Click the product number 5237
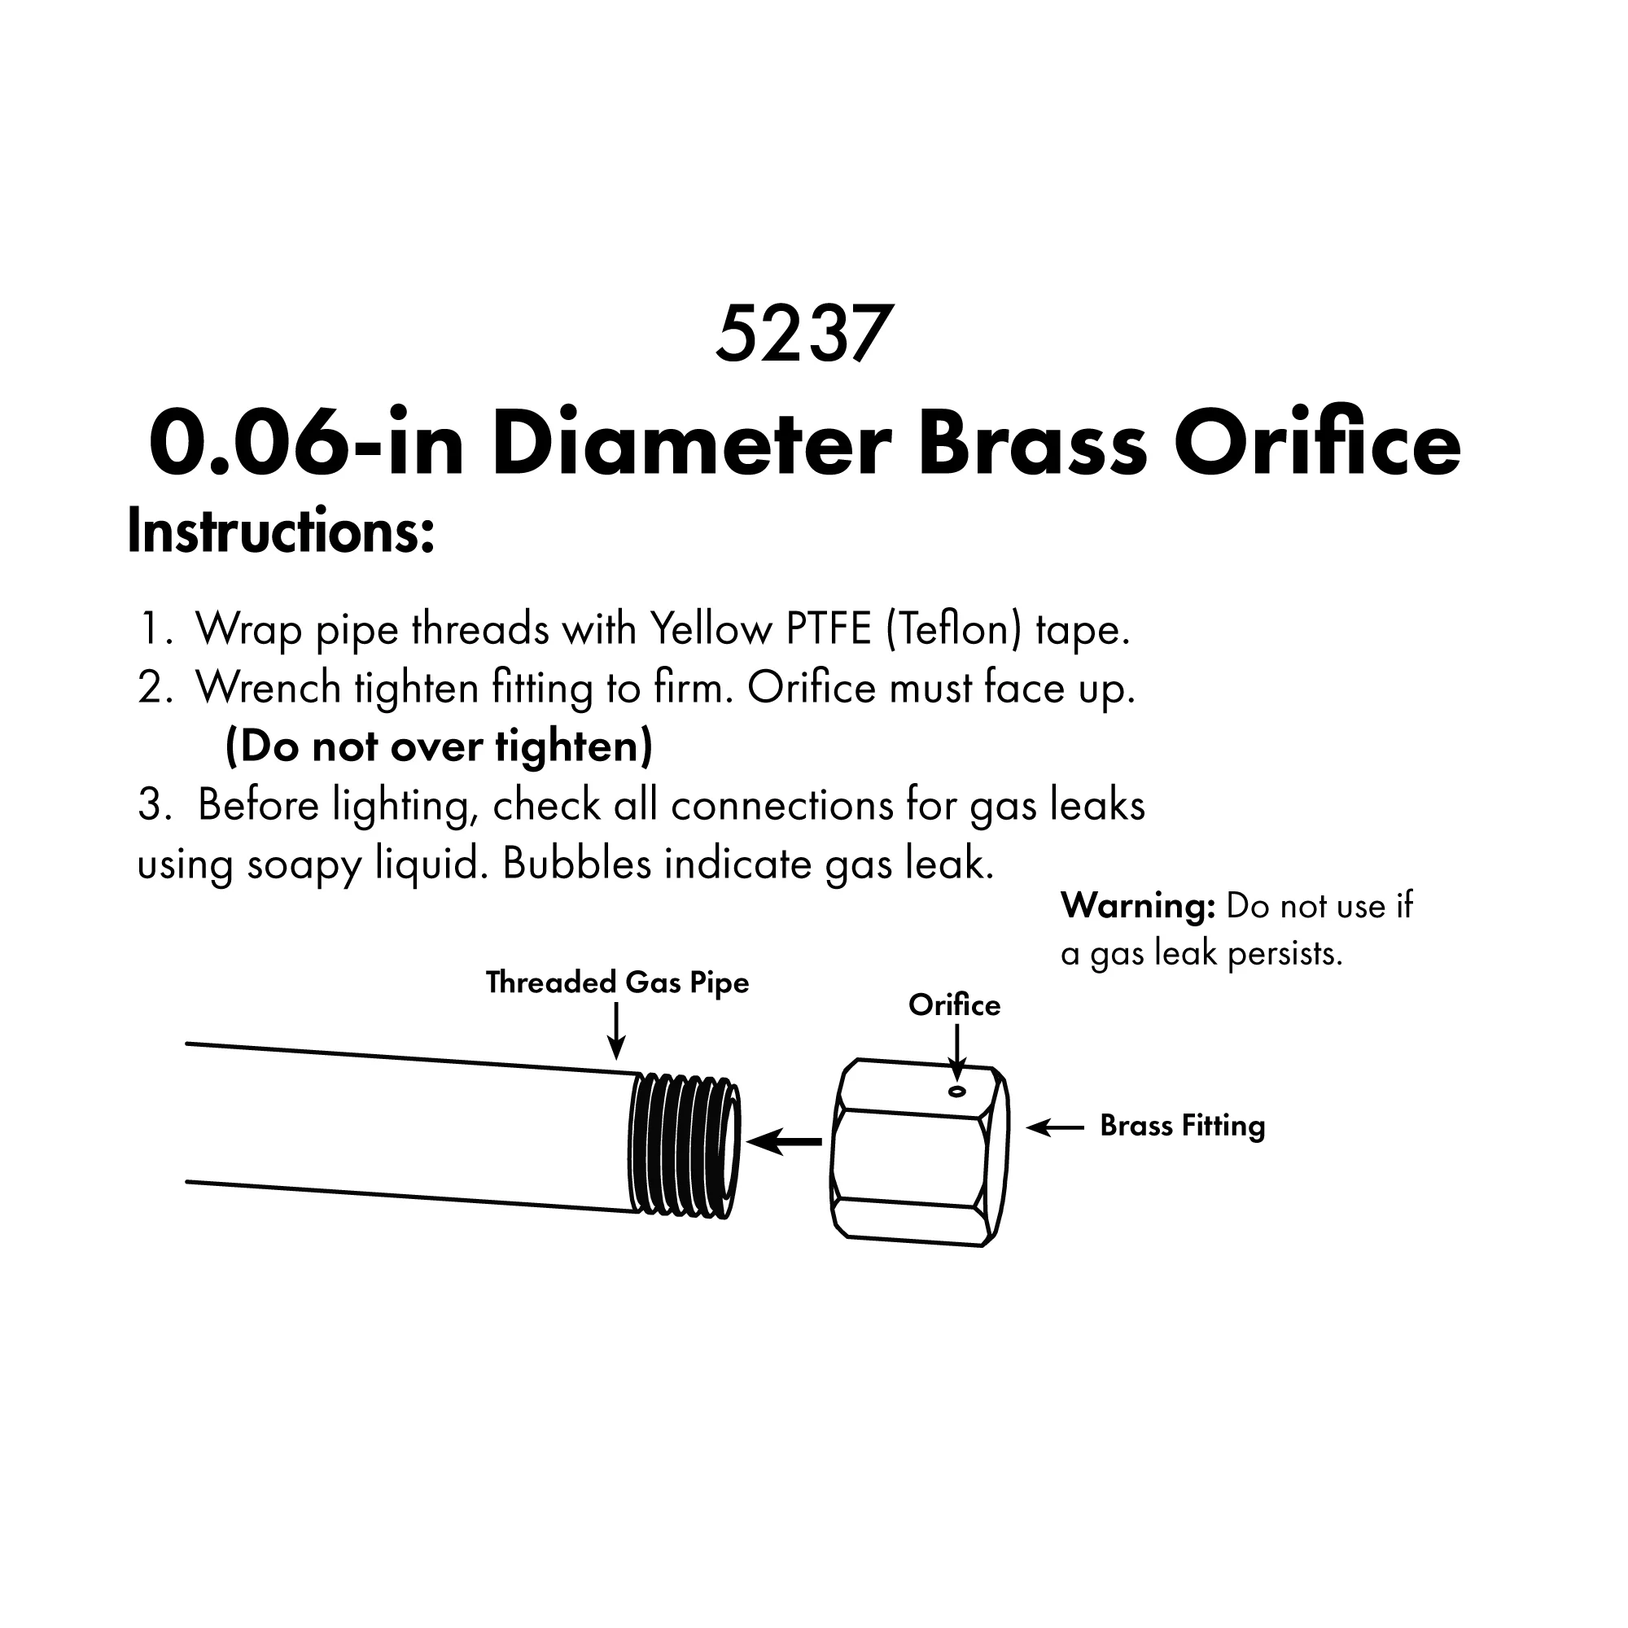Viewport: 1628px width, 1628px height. pyautogui.click(x=803, y=334)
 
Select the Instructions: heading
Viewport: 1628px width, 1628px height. pyautogui.click(x=281, y=532)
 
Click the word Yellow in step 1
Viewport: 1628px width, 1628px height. pyautogui.click(x=711, y=628)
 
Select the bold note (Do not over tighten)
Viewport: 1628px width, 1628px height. pyautogui.click(x=439, y=746)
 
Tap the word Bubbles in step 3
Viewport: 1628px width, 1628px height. pyautogui.click(x=577, y=864)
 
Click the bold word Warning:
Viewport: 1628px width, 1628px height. pyautogui.click(x=1138, y=906)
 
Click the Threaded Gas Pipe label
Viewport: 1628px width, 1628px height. pyautogui.click(x=617, y=982)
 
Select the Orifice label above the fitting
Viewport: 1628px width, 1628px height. pyautogui.click(x=954, y=1004)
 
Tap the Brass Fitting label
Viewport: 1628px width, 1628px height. pyautogui.click(x=1182, y=1127)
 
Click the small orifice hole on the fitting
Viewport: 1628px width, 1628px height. pyautogui.click(x=956, y=1092)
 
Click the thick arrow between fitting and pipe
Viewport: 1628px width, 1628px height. pyautogui.click(x=784, y=1142)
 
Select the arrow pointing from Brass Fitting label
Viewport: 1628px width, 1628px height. pyautogui.click(x=1055, y=1127)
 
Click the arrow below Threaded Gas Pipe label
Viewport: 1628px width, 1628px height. pyautogui.click(x=617, y=1032)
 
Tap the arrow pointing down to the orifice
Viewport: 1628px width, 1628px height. pyautogui.click(x=956, y=1053)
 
